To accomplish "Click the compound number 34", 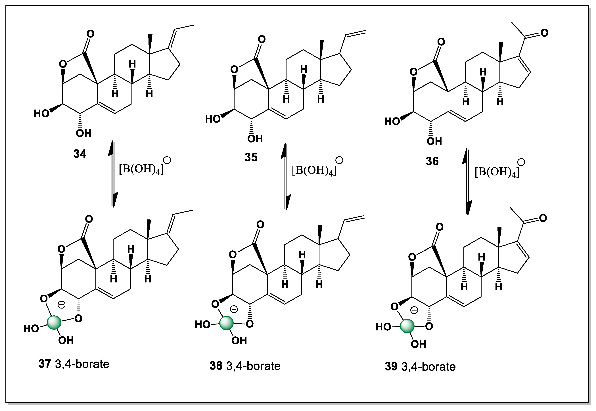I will (x=80, y=154).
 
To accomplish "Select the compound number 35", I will (x=251, y=157).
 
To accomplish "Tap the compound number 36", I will (x=432, y=161).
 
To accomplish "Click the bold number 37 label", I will (x=45, y=364).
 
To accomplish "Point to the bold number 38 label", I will (x=216, y=366).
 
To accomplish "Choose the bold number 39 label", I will (x=391, y=367).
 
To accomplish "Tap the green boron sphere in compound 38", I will (x=226, y=324).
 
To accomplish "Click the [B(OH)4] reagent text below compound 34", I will (x=141, y=170).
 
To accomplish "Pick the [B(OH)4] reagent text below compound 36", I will (x=497, y=172).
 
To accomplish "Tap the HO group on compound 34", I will (x=41, y=113).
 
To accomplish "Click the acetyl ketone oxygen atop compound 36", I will (x=544, y=33).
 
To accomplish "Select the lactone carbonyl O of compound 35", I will (x=262, y=40).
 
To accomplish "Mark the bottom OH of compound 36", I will (x=434, y=141).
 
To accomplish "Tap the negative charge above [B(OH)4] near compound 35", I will (x=339, y=160).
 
